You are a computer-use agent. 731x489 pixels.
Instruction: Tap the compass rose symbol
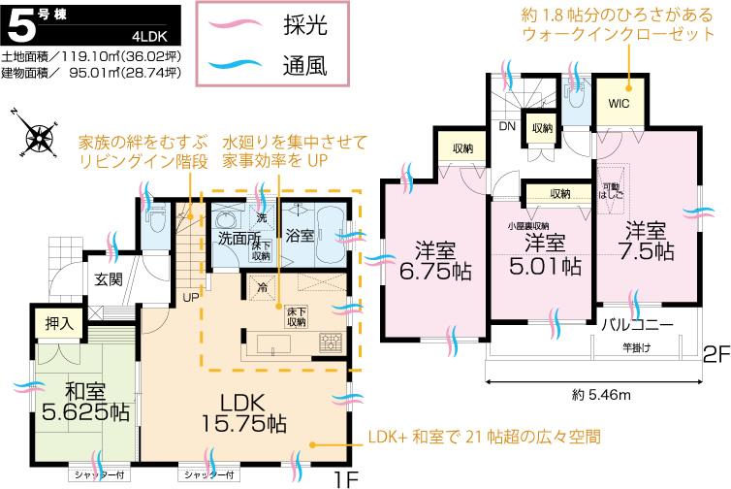point(36,136)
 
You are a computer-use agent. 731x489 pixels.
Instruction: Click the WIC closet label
point(620,103)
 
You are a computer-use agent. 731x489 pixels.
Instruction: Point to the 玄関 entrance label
point(109,279)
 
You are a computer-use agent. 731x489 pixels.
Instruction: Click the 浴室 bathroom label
point(299,236)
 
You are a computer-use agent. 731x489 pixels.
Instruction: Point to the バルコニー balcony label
point(637,323)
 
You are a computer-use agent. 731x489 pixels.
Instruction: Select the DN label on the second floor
point(507,126)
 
